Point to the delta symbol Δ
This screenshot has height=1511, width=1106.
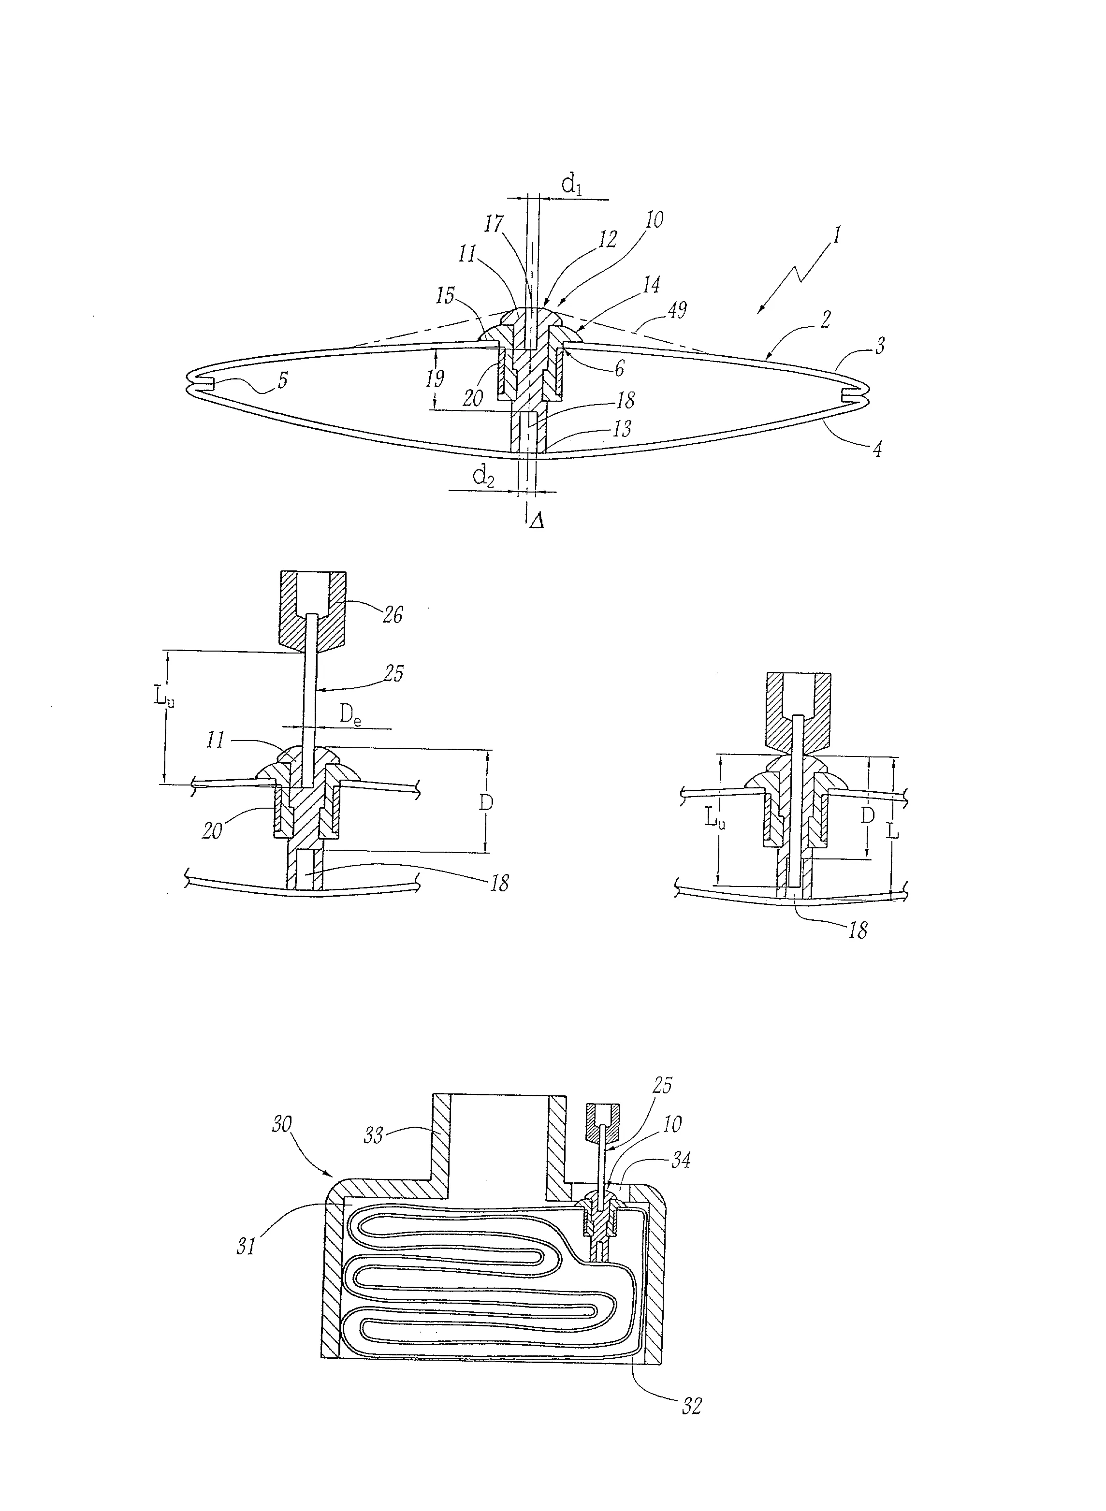click(536, 522)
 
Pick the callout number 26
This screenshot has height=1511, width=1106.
click(393, 614)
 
